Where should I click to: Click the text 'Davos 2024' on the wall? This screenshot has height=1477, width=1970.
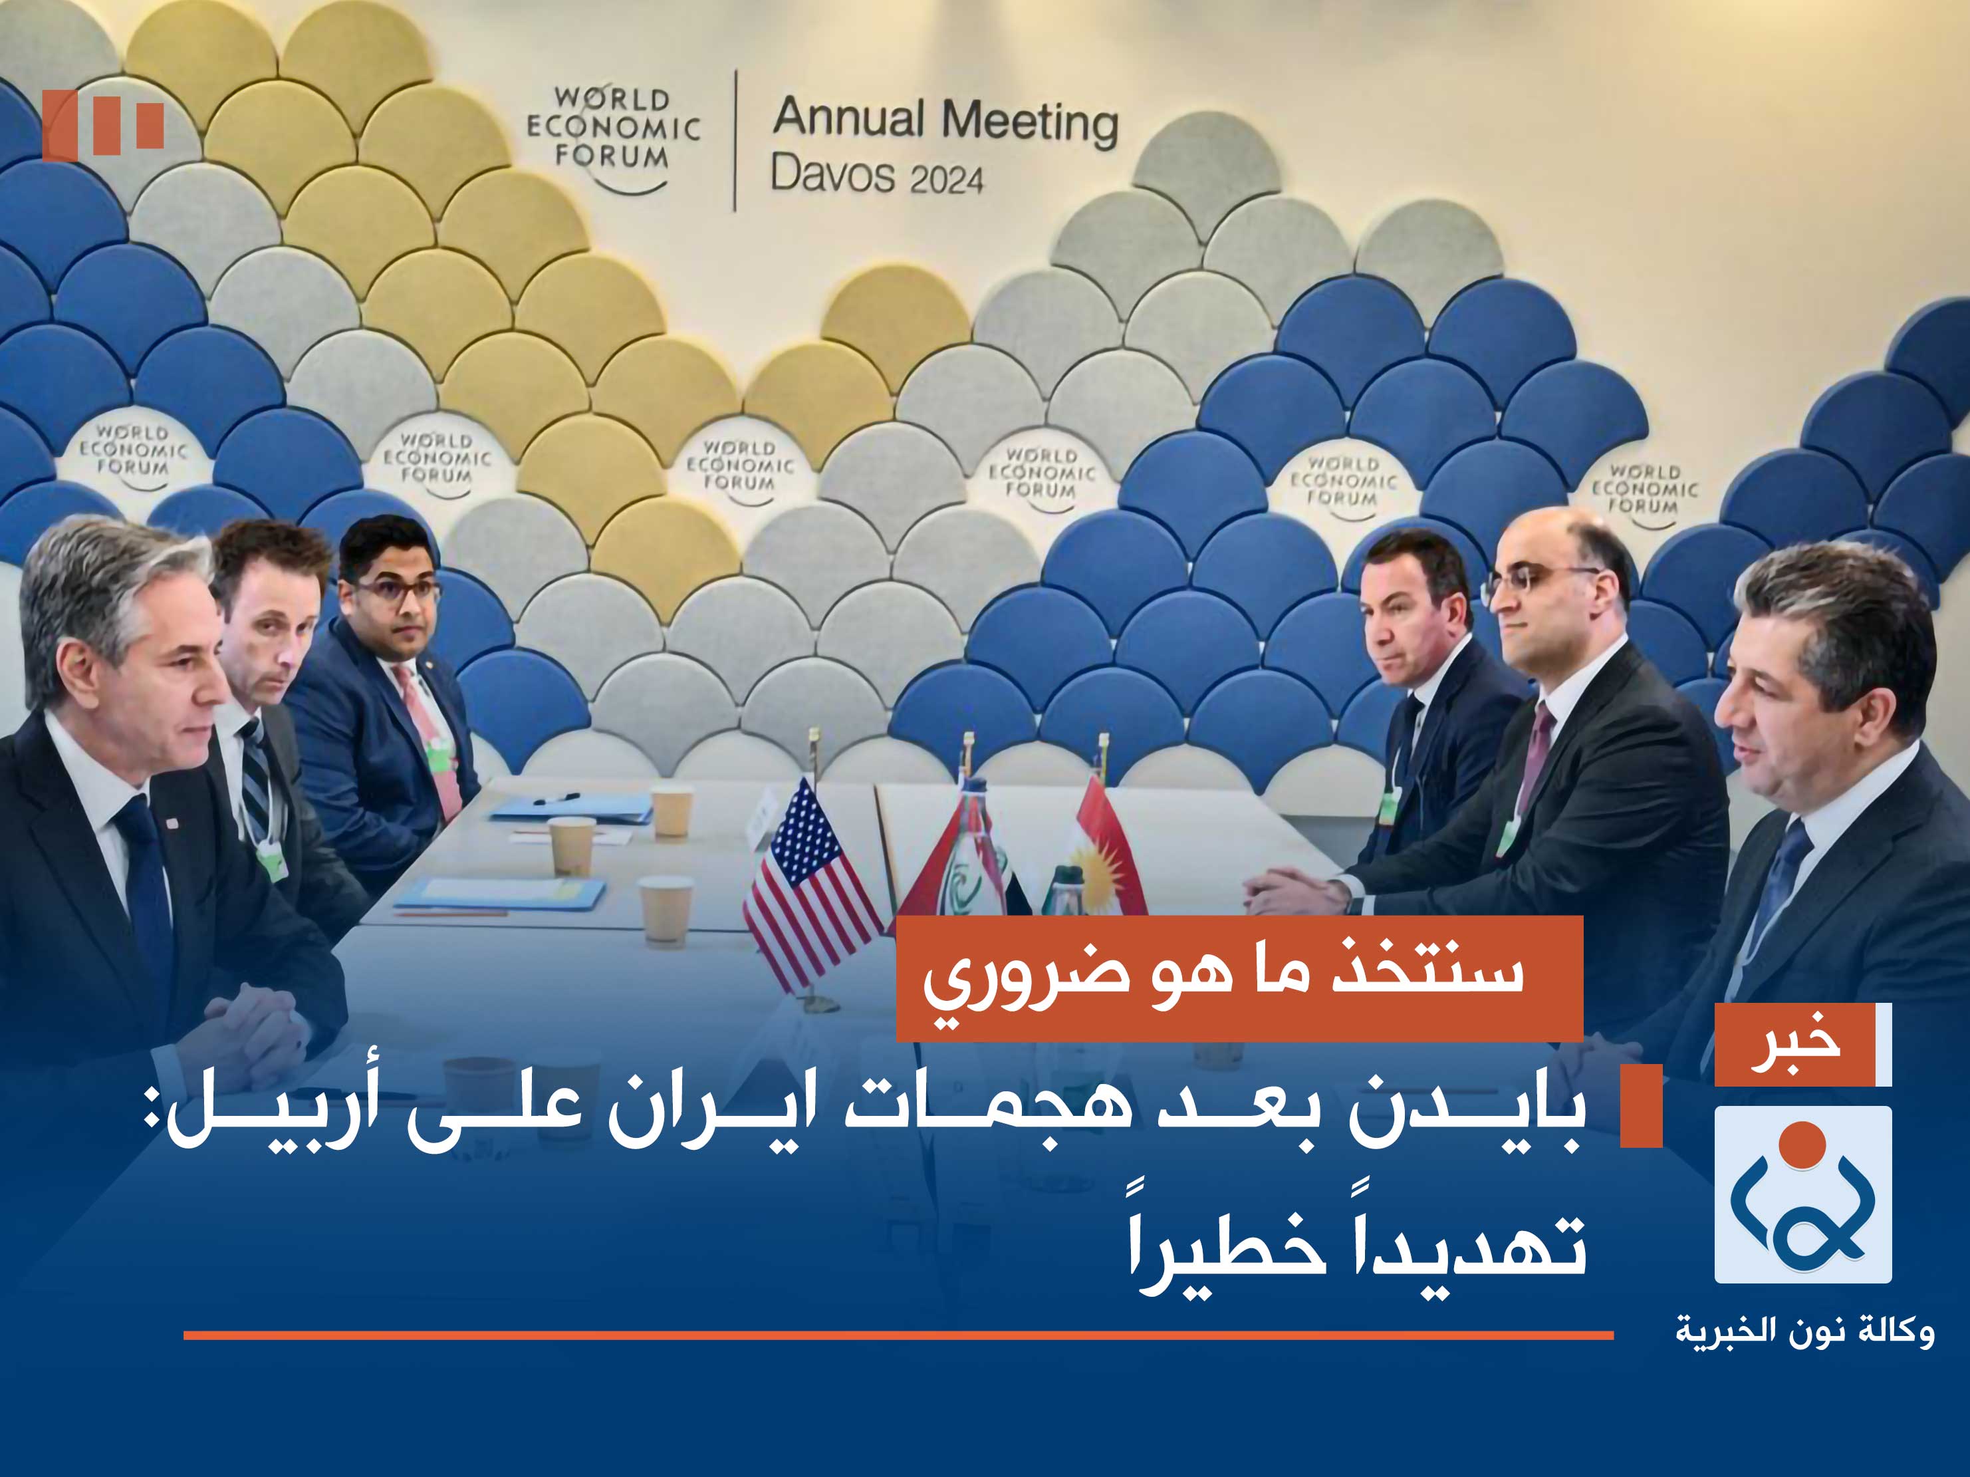coord(876,175)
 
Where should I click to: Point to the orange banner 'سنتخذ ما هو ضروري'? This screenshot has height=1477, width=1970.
coord(1238,978)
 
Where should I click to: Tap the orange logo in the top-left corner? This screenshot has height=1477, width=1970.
coord(102,125)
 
